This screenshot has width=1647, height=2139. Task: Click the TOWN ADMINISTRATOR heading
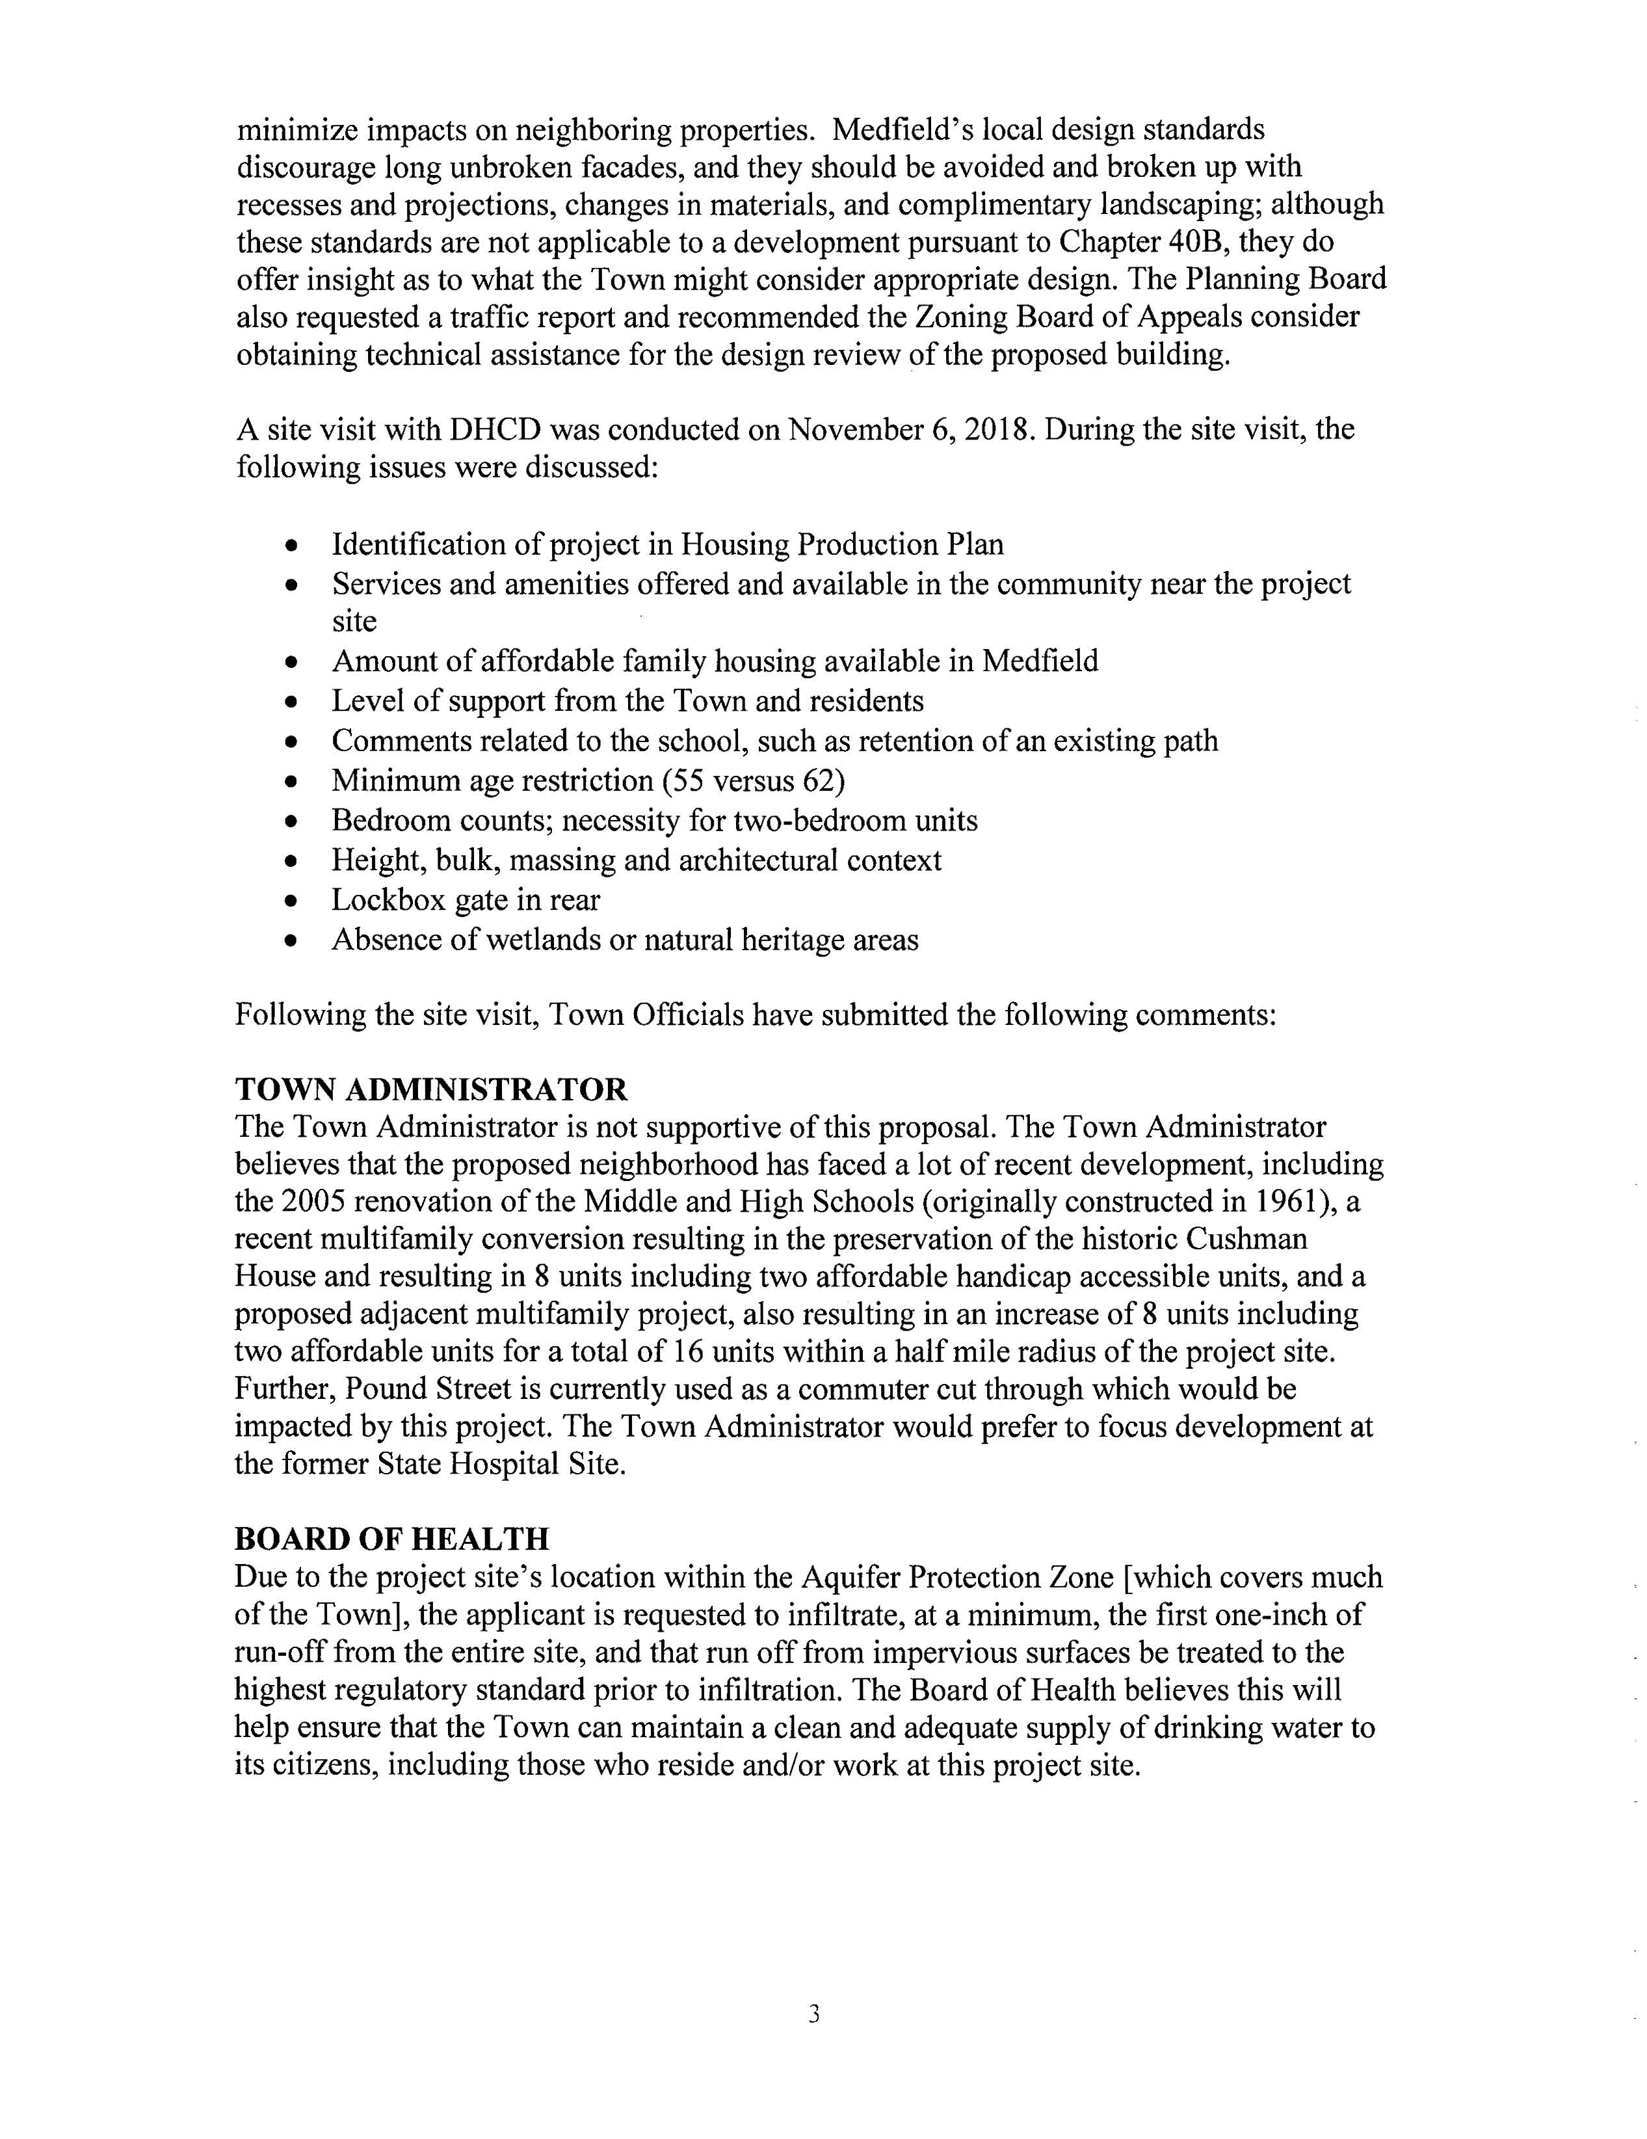[x=431, y=1089]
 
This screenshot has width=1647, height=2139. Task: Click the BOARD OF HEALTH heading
[x=391, y=1539]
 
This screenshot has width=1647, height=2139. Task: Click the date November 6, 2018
[x=912, y=430]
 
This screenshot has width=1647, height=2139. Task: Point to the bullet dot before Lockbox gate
[x=290, y=901]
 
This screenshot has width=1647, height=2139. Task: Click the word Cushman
[x=1246, y=1239]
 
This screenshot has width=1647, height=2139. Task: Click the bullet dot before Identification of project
[x=290, y=546]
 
